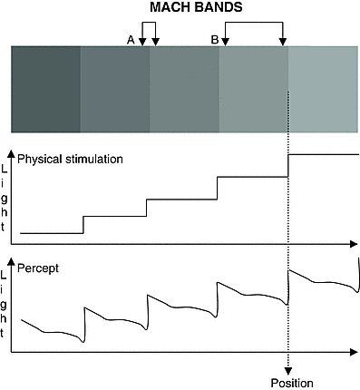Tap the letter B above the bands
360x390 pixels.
point(214,39)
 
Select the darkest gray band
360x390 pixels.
point(45,91)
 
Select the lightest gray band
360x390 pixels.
point(323,91)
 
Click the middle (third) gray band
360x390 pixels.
point(185,91)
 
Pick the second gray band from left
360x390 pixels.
point(115,91)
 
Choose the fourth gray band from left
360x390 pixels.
point(254,91)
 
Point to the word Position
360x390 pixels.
point(291,382)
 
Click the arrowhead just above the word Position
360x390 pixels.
point(288,368)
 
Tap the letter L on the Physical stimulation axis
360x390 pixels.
point(6,171)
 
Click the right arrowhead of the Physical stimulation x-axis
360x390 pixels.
point(354,243)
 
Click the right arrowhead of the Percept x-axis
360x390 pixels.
point(354,352)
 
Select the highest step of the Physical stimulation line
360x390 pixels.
point(322,154)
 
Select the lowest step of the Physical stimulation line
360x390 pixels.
point(52,233)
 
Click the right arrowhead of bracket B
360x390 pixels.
point(283,42)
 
